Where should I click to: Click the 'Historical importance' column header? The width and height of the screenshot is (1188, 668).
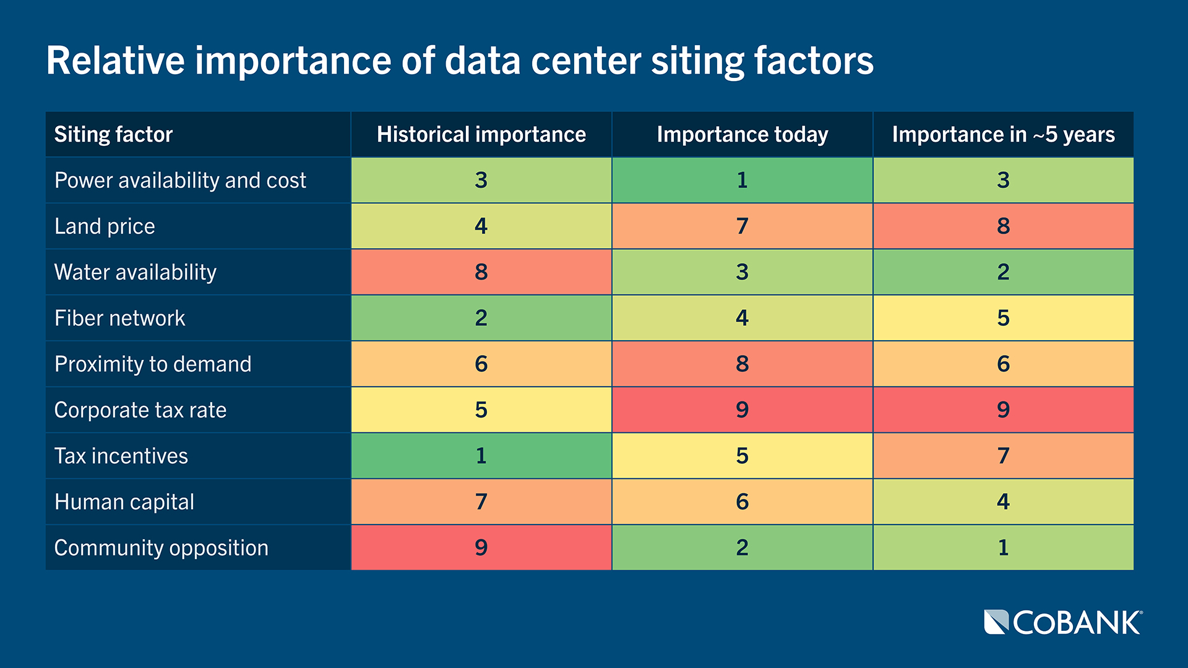pyautogui.click(x=481, y=134)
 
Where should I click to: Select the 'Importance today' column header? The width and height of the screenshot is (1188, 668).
pyautogui.click(x=742, y=134)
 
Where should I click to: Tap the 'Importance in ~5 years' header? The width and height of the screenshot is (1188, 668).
pyautogui.click(x=1003, y=134)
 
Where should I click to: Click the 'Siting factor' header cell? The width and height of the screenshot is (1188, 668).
pyautogui.click(x=113, y=134)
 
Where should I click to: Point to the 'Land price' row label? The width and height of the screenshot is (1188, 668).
pyautogui.click(x=105, y=226)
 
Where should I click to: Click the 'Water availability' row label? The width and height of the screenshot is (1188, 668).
pyautogui.click(x=136, y=272)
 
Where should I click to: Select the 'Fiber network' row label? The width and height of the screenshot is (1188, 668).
pyautogui.click(x=119, y=318)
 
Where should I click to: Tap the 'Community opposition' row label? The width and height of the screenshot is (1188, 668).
pyautogui.click(x=161, y=547)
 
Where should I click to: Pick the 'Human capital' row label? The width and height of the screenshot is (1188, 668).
pyautogui.click(x=124, y=502)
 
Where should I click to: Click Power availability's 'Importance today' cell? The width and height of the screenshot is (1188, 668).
pyautogui.click(x=742, y=180)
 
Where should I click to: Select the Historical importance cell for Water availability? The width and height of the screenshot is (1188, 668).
pyautogui.click(x=481, y=272)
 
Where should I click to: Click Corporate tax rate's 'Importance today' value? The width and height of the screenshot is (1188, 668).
pyautogui.click(x=742, y=409)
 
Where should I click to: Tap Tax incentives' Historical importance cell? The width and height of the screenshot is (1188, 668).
pyautogui.click(x=481, y=456)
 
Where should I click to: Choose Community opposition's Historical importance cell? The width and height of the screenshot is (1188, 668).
pyautogui.click(x=481, y=547)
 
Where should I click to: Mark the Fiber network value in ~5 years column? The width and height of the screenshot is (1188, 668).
pyautogui.click(x=1003, y=318)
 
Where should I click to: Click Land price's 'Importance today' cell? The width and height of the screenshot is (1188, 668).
pyautogui.click(x=742, y=226)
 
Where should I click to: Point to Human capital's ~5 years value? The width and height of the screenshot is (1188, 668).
pyautogui.click(x=1003, y=502)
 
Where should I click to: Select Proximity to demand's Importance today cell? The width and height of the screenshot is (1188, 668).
pyautogui.click(x=742, y=364)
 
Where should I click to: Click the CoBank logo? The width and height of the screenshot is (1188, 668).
pyautogui.click(x=1062, y=622)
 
